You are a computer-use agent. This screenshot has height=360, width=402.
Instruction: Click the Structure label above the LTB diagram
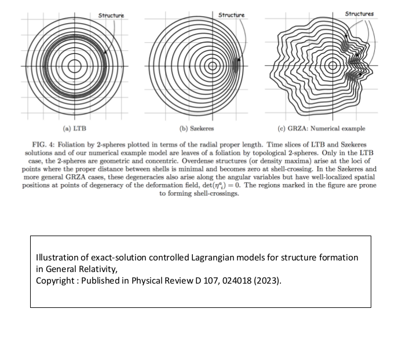pyautogui.click(x=111, y=14)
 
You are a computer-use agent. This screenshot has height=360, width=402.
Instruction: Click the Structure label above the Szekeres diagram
pyautogui.click(x=232, y=14)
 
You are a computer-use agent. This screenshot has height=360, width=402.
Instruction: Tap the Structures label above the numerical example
pyautogui.click(x=359, y=13)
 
